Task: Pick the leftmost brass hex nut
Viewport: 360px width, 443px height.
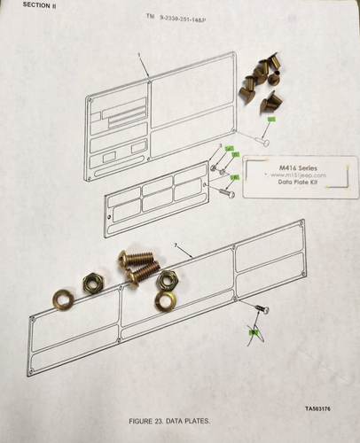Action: click(x=91, y=284)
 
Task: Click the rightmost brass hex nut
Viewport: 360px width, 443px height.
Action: click(x=166, y=282)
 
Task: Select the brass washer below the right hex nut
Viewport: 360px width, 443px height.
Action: click(x=164, y=302)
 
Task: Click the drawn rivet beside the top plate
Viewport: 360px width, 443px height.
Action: click(x=262, y=138)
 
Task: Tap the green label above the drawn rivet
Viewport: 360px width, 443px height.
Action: click(x=273, y=119)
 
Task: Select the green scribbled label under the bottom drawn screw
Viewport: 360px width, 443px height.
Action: click(x=253, y=333)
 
